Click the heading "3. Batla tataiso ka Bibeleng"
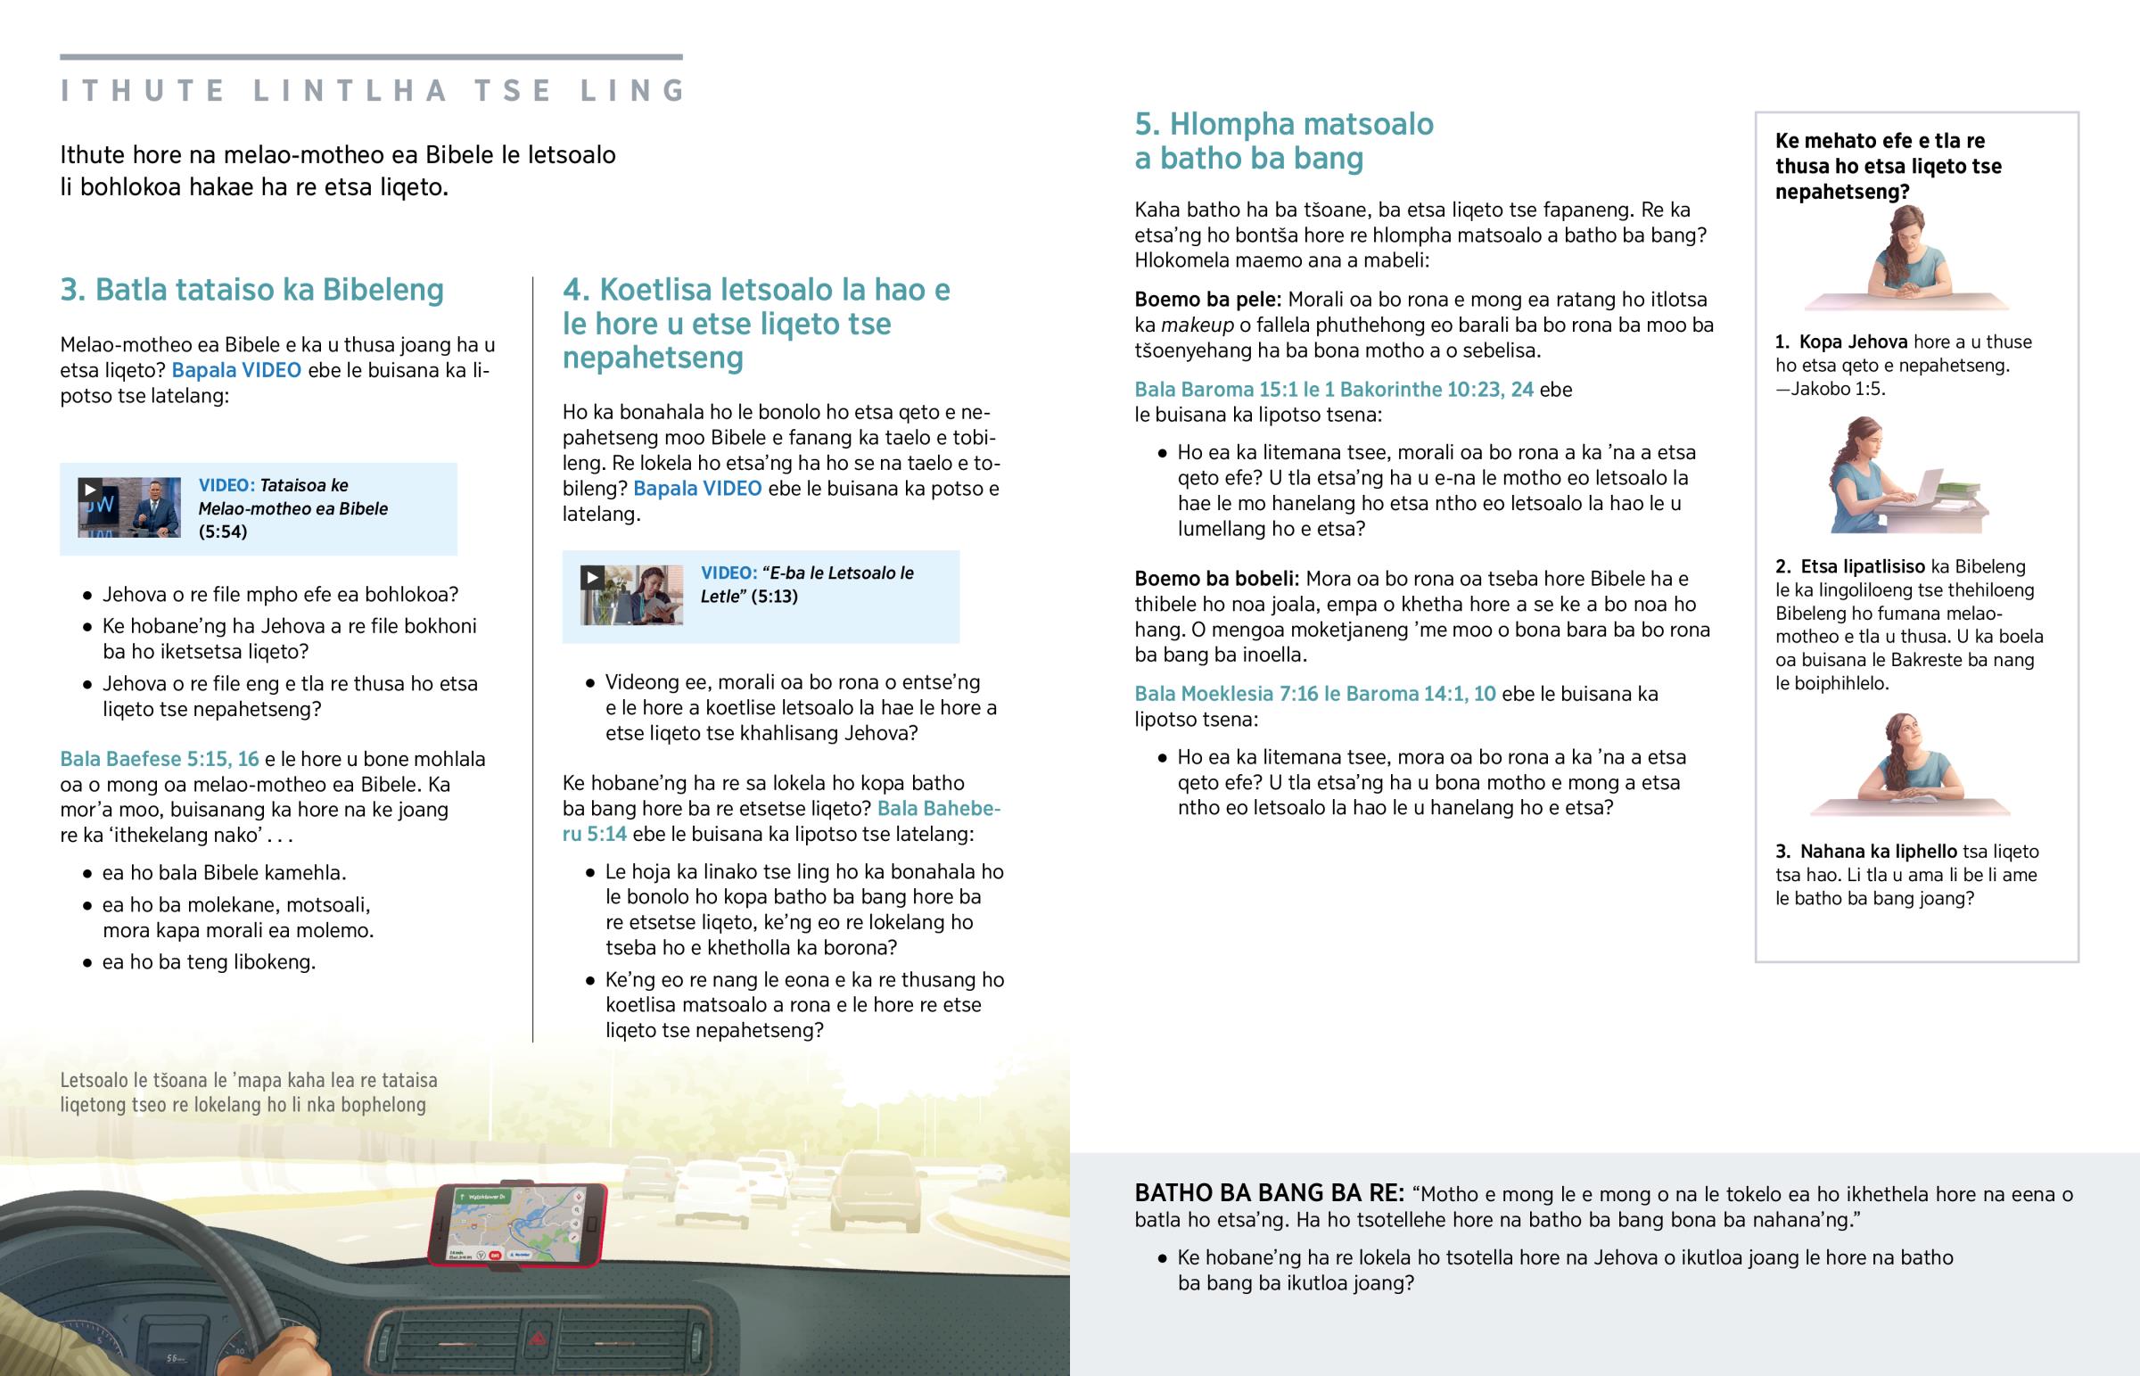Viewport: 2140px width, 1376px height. (x=251, y=290)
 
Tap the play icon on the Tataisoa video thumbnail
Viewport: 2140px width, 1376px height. (x=89, y=489)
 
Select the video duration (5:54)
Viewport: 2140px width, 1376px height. (x=222, y=531)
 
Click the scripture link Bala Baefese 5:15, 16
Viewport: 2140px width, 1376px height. (x=159, y=760)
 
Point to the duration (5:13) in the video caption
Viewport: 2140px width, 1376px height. (x=773, y=596)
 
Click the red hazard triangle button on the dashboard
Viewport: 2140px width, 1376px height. (x=539, y=1338)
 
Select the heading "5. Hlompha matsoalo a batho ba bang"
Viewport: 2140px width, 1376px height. (x=1283, y=141)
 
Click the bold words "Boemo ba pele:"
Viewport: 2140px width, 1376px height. (x=1207, y=300)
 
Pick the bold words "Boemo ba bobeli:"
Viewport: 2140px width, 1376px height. (x=1216, y=579)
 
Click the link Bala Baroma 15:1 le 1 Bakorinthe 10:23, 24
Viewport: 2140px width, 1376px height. (x=1333, y=390)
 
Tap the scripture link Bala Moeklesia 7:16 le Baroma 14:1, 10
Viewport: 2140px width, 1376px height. (x=1314, y=695)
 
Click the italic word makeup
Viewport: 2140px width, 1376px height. (x=1197, y=325)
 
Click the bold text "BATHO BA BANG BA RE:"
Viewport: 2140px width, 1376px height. (x=1269, y=1193)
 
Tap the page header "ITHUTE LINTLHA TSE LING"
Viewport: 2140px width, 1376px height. (x=372, y=90)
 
